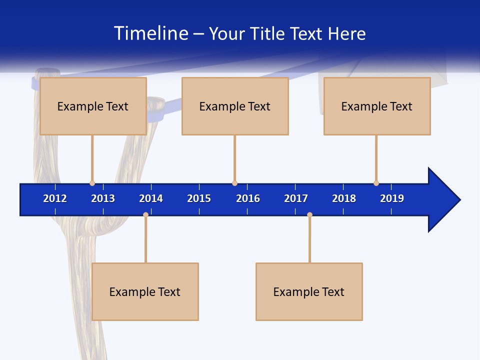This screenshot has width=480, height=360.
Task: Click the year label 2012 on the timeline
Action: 55,198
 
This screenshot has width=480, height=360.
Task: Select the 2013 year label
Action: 103,198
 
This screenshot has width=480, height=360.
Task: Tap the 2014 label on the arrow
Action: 151,198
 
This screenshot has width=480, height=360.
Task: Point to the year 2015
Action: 199,198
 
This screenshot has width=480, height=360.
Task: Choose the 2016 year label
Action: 248,198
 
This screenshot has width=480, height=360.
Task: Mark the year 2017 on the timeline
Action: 296,198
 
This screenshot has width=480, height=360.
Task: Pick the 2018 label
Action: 344,198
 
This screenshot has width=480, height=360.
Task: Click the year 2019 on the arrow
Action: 392,198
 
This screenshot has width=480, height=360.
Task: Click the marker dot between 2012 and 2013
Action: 92,183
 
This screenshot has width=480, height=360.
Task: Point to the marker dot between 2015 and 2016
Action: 234,183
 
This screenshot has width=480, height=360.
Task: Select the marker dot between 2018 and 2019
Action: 376,183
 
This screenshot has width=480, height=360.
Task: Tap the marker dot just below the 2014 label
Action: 145,214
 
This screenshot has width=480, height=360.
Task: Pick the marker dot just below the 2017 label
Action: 309,214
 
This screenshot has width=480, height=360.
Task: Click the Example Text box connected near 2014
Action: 145,291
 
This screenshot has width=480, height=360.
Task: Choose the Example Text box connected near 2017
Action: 309,291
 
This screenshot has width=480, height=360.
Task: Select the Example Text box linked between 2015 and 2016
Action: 235,106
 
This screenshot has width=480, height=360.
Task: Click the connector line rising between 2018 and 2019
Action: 376,158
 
